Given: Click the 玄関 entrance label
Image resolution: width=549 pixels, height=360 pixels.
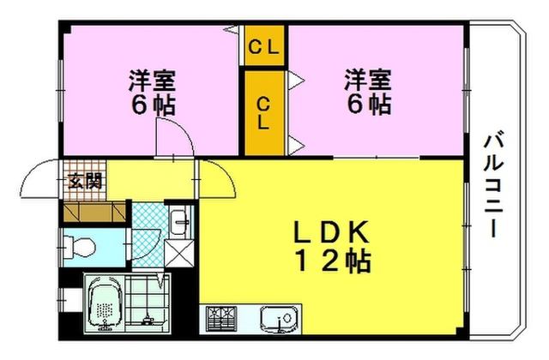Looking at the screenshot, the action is click(x=85, y=181).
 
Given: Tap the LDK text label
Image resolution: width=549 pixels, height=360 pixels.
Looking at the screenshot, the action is click(x=331, y=232).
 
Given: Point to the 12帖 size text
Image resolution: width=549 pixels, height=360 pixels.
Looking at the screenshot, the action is click(x=334, y=261).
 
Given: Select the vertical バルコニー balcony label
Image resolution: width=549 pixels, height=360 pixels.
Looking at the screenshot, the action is click(x=493, y=183).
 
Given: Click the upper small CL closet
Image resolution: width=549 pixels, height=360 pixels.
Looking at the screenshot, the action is click(x=264, y=45).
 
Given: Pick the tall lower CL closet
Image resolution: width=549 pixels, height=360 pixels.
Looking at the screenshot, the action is click(x=264, y=112).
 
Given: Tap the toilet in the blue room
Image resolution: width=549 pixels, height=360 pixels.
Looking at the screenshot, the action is click(x=79, y=246).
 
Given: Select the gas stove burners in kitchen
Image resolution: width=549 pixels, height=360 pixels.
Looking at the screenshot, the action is click(x=221, y=318).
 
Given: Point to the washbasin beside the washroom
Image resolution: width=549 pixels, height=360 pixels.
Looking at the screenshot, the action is click(x=179, y=222).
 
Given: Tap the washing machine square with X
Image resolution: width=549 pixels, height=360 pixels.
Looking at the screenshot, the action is click(x=179, y=253).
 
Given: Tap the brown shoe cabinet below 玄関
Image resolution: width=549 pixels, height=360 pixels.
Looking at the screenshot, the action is click(x=94, y=212).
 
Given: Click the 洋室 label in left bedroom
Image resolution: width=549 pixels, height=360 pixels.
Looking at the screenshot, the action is click(x=153, y=80).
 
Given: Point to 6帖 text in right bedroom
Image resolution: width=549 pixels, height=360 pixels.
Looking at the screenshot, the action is click(x=369, y=104).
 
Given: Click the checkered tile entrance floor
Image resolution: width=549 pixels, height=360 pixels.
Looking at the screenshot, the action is click(x=84, y=180).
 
